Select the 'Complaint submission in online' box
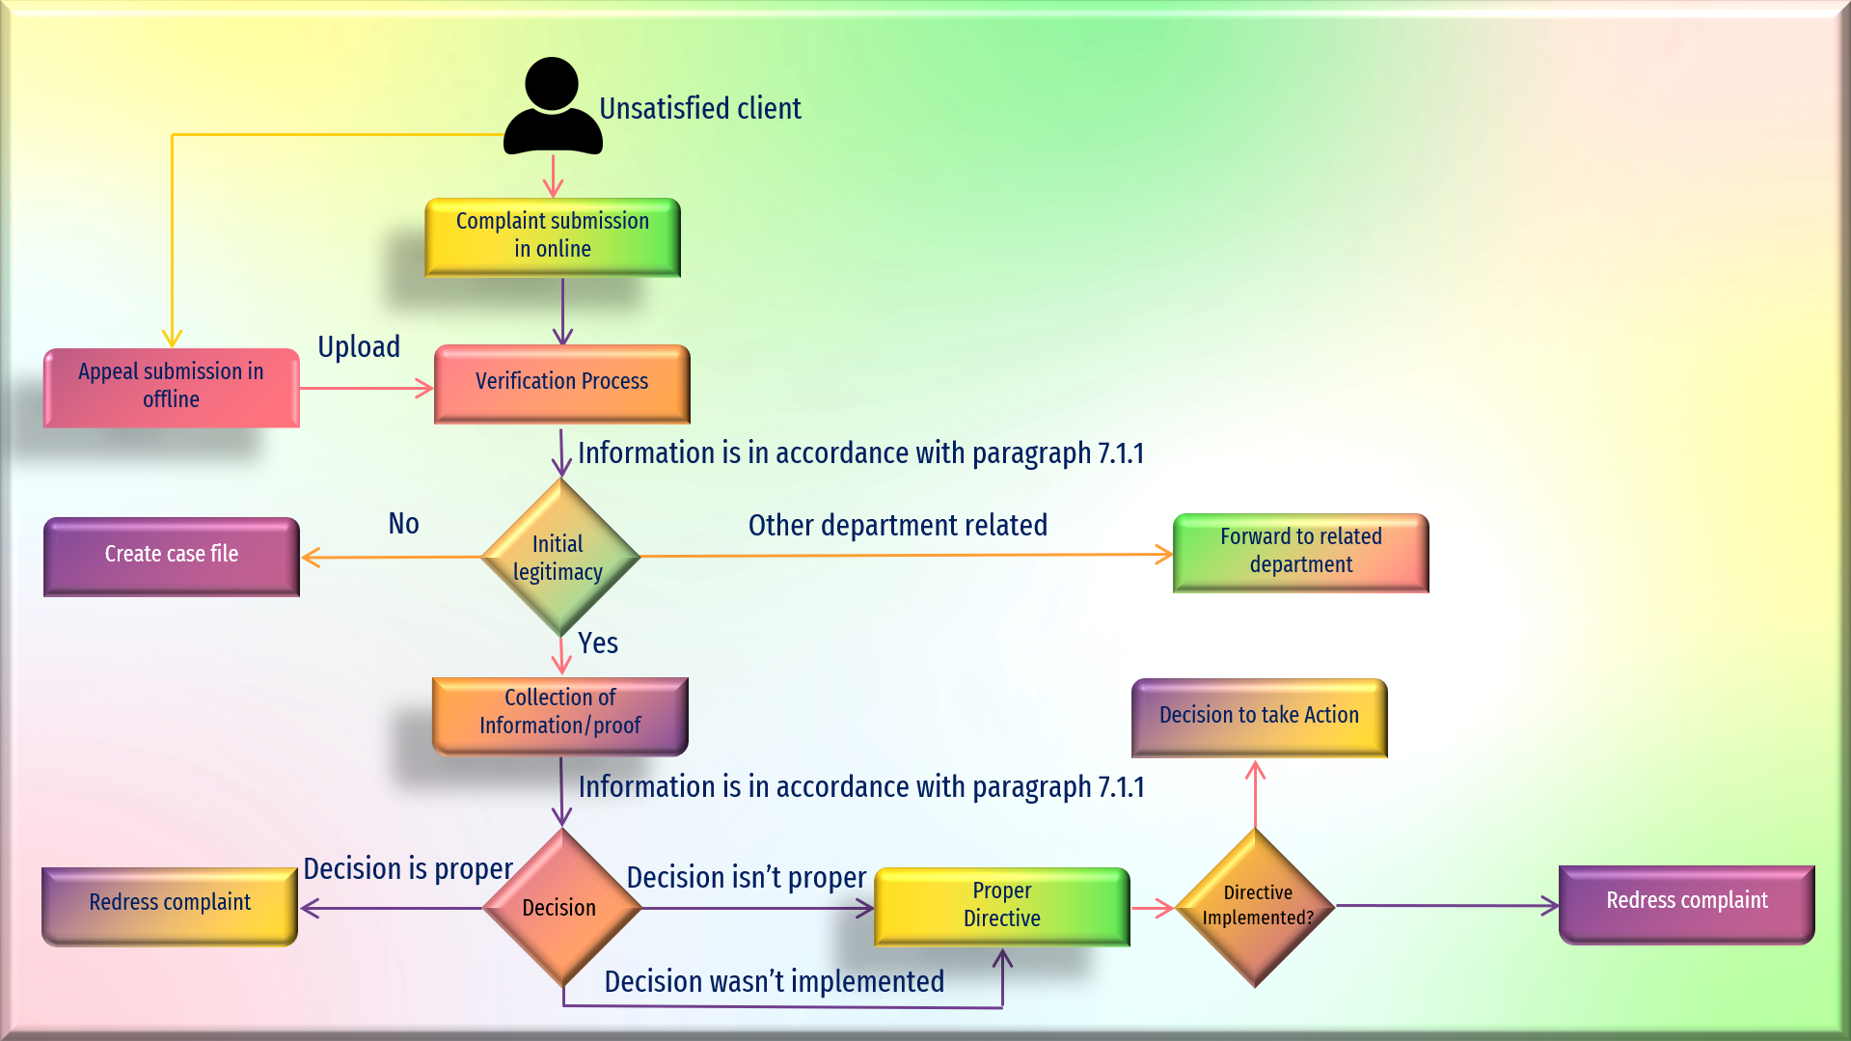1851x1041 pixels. point(553,237)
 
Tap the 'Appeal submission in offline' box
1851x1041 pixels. point(172,388)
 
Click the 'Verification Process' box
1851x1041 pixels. point(562,384)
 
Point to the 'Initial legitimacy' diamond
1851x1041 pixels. point(560,557)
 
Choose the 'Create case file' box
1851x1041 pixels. point(172,557)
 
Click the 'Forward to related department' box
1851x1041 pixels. point(1301,553)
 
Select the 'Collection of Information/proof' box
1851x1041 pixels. point(560,716)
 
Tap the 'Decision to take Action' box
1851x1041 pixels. point(1260,718)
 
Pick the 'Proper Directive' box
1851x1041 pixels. point(1002,907)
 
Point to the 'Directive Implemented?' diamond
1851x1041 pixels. point(1256,908)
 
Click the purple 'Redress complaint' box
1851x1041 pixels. point(1687,905)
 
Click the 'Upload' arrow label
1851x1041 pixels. point(359,346)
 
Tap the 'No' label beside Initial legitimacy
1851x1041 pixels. point(403,524)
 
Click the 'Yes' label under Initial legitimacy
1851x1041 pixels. point(598,644)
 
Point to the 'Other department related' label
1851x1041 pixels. point(898,526)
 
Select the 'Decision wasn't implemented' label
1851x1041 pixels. point(775,982)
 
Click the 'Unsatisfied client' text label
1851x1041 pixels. point(700,109)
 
